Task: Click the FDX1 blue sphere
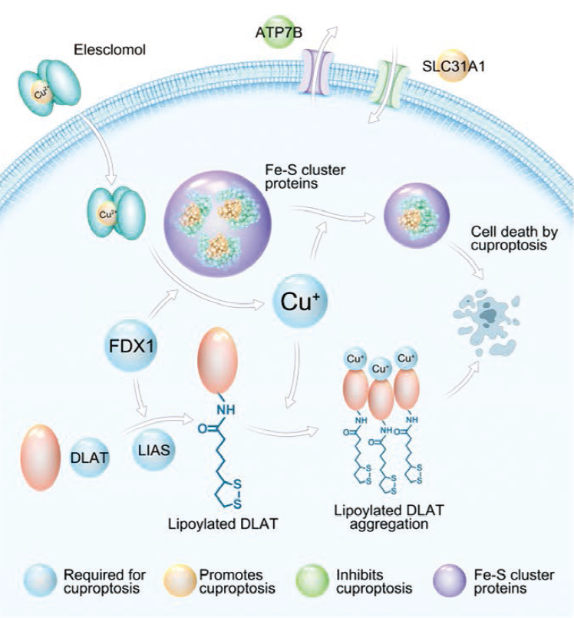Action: point(131,346)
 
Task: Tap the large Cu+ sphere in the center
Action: point(300,302)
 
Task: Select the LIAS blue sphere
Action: point(153,450)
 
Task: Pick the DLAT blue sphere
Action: point(89,458)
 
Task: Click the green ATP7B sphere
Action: point(279,31)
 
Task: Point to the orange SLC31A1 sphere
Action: point(453,65)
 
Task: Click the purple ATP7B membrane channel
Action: point(316,71)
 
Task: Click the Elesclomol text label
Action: point(110,50)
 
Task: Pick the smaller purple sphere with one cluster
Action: point(417,215)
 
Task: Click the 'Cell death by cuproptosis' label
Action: point(514,239)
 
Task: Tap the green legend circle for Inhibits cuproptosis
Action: point(312,580)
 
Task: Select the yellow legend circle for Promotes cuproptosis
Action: point(180,580)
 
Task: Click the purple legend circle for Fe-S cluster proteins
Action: point(450,580)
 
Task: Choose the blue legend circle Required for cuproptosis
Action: point(39,580)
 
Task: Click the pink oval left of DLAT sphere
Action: point(41,458)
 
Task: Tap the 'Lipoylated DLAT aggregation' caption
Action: point(389,517)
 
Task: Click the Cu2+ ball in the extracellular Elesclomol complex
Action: point(42,94)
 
